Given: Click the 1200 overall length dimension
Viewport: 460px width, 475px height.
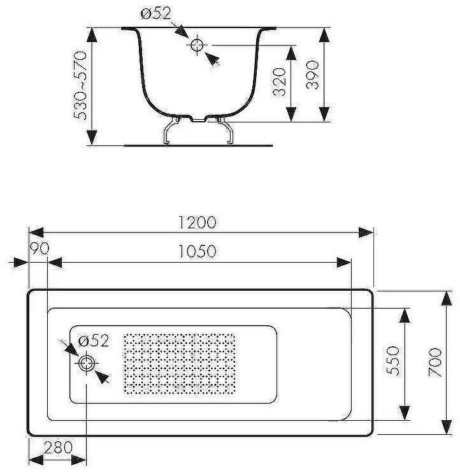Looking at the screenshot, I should (x=198, y=223).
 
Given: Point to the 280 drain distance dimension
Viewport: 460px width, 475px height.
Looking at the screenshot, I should (x=59, y=448).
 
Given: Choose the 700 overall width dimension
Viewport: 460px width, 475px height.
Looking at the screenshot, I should (x=435, y=362).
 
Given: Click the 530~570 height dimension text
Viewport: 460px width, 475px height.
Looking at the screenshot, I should (x=81, y=86).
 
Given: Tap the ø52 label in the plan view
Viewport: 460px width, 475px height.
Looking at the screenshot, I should (x=94, y=341).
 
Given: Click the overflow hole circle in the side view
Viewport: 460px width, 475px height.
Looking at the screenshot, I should (x=196, y=45).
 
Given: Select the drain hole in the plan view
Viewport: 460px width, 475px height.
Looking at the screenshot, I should (x=86, y=364).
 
